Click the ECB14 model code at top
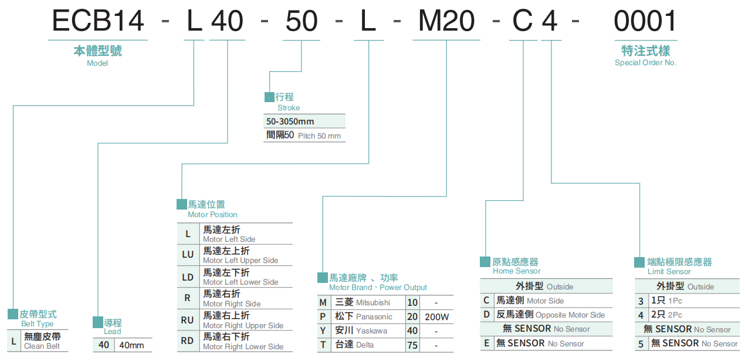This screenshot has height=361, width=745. coord(98,22)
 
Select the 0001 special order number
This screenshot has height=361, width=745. coord(645,22)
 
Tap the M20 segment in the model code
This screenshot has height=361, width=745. coord(446,22)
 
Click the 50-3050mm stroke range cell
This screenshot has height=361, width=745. coord(290,122)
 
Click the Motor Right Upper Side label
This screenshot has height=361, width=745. coord(243,325)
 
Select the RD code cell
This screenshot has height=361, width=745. coord(188,341)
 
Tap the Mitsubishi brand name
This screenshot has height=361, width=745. coord(372,302)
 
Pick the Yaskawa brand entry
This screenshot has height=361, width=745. coord(371,330)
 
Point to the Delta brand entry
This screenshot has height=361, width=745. coord(364,345)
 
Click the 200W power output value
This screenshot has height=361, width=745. coord(436,317)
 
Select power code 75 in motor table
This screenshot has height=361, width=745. coord(412,345)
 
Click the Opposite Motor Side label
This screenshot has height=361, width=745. coord(570,315)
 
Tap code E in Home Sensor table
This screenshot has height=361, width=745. coord(486,343)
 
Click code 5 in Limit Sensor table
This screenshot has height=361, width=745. coord(641,344)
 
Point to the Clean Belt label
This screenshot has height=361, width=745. coord(42,346)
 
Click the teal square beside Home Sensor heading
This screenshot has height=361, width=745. coord(485,262)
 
